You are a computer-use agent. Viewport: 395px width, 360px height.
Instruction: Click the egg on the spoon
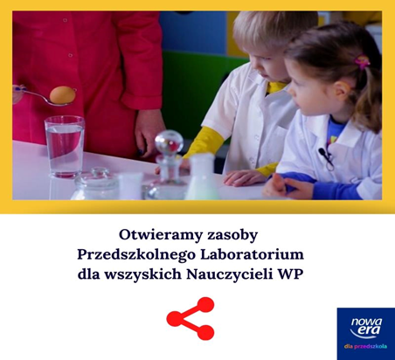pos(62,94)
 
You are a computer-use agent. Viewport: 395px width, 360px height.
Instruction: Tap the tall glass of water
pos(65,147)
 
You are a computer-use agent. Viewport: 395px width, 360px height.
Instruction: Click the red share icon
pos(191,318)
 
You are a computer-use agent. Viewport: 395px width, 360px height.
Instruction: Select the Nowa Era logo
pos(366,334)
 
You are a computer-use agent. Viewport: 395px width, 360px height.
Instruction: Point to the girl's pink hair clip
pos(362,61)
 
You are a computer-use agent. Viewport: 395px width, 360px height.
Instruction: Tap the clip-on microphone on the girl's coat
pos(324,156)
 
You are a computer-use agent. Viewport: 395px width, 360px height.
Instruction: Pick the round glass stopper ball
pos(169,142)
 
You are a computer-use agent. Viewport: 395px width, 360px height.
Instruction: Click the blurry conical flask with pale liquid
pos(202,177)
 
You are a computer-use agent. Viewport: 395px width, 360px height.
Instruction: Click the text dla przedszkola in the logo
pos(365,347)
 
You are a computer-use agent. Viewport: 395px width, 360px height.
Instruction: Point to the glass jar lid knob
pos(100,172)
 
